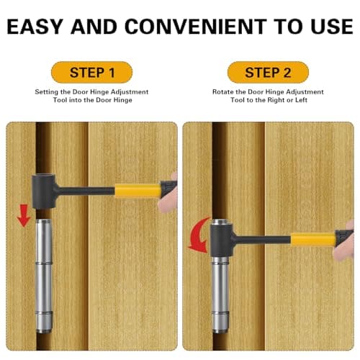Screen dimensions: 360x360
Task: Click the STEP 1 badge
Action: point(92,72)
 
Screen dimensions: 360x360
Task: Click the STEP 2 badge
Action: point(268,72)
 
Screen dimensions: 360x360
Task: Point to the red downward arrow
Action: point(24,215)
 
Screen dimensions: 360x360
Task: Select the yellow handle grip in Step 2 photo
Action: point(311,238)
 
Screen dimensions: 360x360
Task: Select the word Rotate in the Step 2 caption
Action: point(222,93)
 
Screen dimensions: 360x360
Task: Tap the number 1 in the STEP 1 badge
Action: point(112,72)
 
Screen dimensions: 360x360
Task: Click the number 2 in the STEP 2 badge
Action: point(287,72)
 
